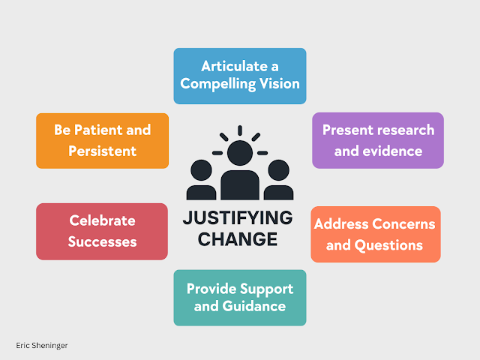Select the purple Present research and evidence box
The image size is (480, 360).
(x=378, y=140)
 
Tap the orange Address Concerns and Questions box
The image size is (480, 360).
(x=375, y=234)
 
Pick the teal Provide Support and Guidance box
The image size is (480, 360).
(x=239, y=297)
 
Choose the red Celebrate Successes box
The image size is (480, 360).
(x=102, y=231)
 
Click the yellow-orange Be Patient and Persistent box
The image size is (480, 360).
(x=102, y=140)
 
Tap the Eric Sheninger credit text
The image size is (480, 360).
(x=41, y=346)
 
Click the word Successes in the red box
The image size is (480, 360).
(x=102, y=241)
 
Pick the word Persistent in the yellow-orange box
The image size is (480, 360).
(x=102, y=151)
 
